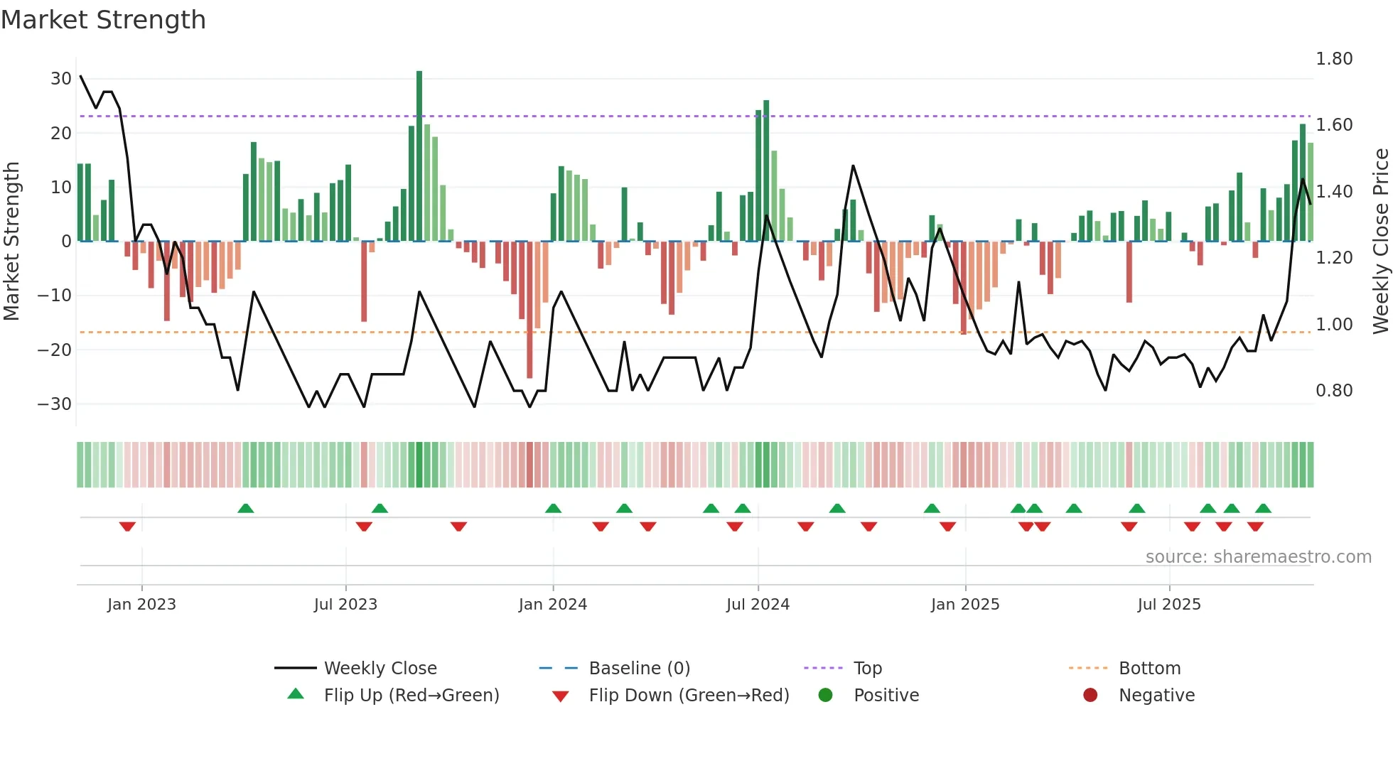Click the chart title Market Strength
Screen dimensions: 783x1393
pyautogui.click(x=104, y=20)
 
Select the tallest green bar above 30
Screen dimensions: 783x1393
pyautogui.click(x=419, y=156)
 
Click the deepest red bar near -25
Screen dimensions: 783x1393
pyautogui.click(x=529, y=309)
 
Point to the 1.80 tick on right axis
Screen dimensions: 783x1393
pyautogui.click(x=1333, y=59)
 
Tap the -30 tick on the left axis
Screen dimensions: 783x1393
pyautogui.click(x=55, y=404)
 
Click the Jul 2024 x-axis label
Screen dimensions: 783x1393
pyautogui.click(x=758, y=605)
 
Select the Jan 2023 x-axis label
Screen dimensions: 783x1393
pyautogui.click(x=141, y=605)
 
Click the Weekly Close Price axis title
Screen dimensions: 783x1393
pyautogui.click(x=1380, y=242)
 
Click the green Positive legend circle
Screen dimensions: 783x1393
pyautogui.click(x=825, y=696)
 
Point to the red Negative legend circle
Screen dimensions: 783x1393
pyautogui.click(x=1090, y=696)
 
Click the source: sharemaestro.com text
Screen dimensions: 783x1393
pyautogui.click(x=1258, y=557)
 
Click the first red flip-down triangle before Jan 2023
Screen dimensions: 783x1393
pyautogui.click(x=127, y=526)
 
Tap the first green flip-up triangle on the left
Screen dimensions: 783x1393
pyautogui.click(x=246, y=508)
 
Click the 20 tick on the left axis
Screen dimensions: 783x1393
pyautogui.click(x=61, y=134)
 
